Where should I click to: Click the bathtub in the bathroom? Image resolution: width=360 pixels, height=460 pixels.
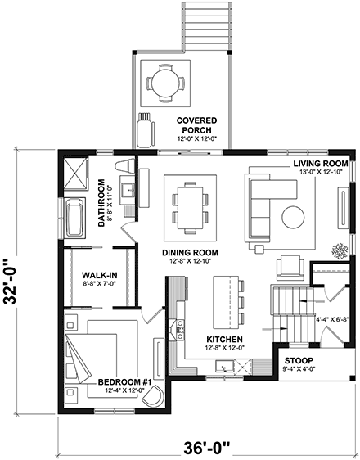click(x=74, y=219)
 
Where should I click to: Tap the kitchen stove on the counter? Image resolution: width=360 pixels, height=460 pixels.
click(x=176, y=330)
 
